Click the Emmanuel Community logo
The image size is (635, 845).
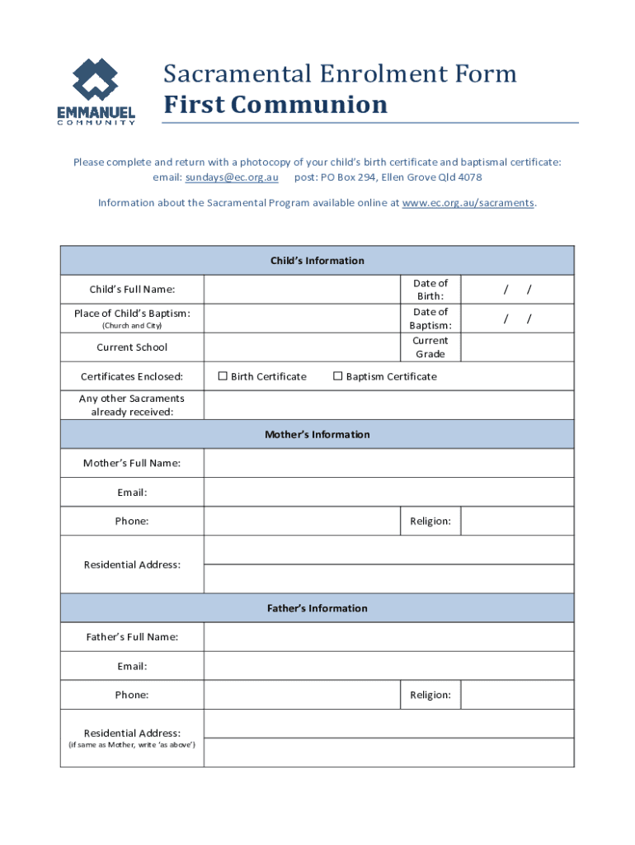(x=96, y=91)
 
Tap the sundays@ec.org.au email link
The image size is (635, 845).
(x=232, y=177)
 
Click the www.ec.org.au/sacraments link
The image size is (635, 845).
(x=468, y=202)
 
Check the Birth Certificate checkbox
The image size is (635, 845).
(x=222, y=377)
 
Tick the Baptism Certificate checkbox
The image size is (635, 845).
(x=337, y=377)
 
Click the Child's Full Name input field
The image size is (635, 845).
(x=302, y=290)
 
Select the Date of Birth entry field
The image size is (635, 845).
(x=517, y=290)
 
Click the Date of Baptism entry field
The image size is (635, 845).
(x=517, y=319)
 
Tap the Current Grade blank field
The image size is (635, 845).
(x=517, y=347)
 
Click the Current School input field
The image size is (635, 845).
(x=302, y=347)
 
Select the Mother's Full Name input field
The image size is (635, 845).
(x=388, y=463)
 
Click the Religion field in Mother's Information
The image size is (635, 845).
(x=517, y=522)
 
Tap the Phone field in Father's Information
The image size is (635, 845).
(x=302, y=695)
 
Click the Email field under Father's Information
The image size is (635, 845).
(x=388, y=666)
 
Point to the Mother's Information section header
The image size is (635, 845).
(x=317, y=434)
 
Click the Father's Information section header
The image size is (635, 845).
(x=317, y=608)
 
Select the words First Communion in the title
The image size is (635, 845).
(x=275, y=106)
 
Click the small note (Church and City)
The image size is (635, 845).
(x=132, y=326)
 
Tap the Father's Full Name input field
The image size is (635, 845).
(x=388, y=637)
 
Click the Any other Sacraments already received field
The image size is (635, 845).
(x=388, y=405)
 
